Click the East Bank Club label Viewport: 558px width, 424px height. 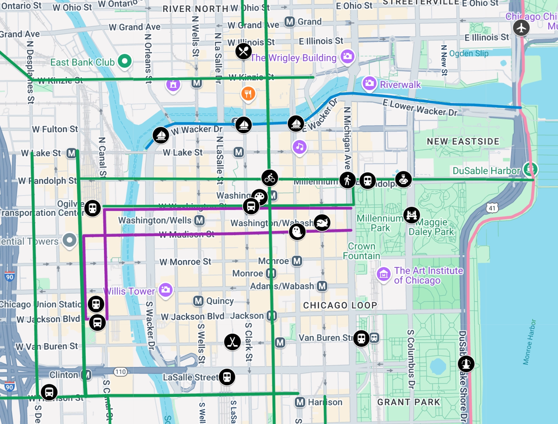point(82,62)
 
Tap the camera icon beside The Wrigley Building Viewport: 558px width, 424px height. point(347,56)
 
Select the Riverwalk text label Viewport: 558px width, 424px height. point(400,85)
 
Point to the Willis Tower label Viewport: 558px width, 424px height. point(129,291)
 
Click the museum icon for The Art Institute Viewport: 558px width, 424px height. point(383,274)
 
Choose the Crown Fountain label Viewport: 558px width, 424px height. point(362,251)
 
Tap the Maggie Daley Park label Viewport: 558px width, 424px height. point(431,227)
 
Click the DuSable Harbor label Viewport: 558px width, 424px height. point(486,171)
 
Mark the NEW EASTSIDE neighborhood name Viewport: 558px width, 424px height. point(463,142)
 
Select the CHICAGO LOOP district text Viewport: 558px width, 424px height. point(340,305)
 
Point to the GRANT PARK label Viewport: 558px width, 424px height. point(409,402)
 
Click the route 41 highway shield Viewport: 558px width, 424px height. point(492,208)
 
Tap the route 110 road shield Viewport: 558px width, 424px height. point(121,372)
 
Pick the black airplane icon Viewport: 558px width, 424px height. point(521,28)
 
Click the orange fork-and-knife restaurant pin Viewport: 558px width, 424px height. point(248,93)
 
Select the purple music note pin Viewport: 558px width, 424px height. point(300,147)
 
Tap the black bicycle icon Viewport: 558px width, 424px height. point(269,178)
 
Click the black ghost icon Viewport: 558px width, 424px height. point(297,232)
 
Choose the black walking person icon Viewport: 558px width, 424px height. point(347,180)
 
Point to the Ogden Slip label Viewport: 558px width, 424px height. point(469,54)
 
